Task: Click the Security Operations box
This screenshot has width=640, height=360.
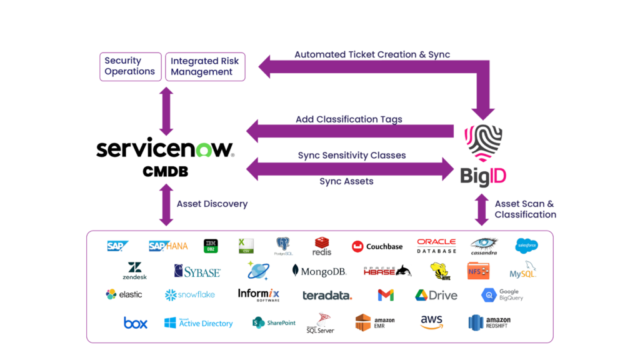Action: [x=129, y=66]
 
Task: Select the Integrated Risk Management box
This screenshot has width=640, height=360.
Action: [x=205, y=66]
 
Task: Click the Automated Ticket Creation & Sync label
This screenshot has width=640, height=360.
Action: [x=372, y=54]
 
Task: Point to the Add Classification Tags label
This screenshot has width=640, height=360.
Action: [x=349, y=119]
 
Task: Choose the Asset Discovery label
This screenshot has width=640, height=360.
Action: [x=212, y=204]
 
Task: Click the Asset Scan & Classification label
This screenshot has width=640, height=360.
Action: [x=525, y=209]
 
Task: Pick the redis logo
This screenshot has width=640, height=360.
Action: [x=322, y=246]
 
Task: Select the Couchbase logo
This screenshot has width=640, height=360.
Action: [x=377, y=246]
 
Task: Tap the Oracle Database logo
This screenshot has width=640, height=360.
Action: [x=436, y=246]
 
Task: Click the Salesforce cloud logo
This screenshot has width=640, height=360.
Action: [x=526, y=246]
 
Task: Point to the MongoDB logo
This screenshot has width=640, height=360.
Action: [x=319, y=271]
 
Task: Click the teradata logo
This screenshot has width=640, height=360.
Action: [x=327, y=295]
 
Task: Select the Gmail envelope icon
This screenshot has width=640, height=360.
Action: [x=386, y=295]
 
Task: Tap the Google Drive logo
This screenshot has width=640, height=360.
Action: [x=436, y=295]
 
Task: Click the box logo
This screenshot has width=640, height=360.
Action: [x=136, y=323]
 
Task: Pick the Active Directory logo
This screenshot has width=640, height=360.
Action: [x=198, y=323]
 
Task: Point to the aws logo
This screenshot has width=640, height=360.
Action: [x=431, y=322]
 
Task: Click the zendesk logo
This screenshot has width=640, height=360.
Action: [x=134, y=271]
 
